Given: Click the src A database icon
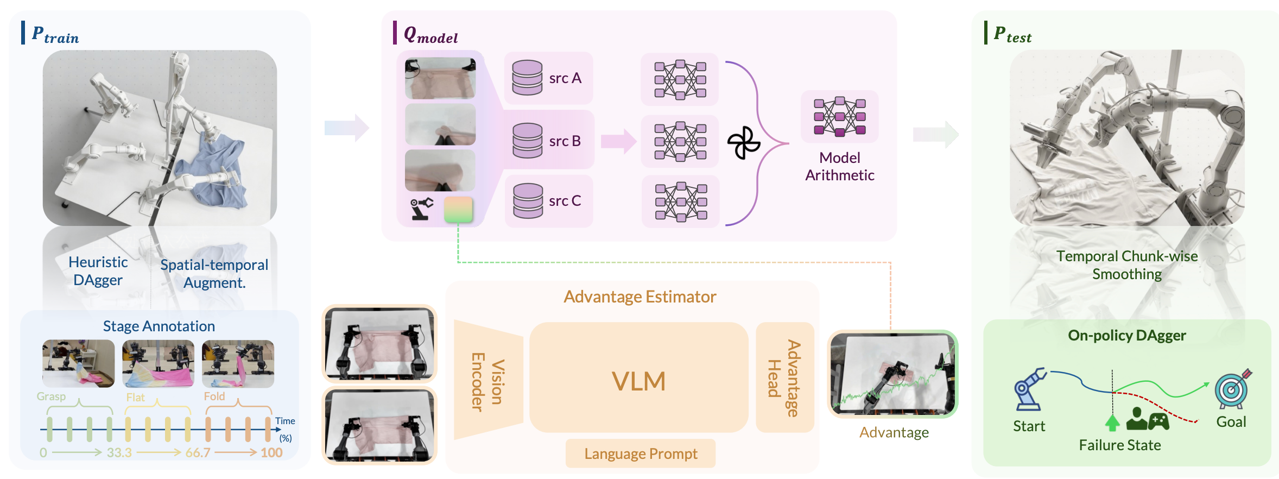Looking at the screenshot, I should (527, 78).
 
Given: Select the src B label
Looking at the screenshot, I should (565, 141).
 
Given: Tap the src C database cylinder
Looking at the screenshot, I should (528, 200).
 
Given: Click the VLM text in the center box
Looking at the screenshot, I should (638, 381).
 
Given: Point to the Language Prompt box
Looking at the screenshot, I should (641, 453).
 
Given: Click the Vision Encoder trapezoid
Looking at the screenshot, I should (487, 380).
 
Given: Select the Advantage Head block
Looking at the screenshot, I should (784, 378).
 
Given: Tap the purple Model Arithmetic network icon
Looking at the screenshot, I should (839, 117).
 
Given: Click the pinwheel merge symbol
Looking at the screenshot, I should (743, 143).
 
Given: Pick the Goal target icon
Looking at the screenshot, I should (1232, 389).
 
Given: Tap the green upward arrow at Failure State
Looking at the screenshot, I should (1112, 423).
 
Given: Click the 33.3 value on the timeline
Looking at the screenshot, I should (119, 452).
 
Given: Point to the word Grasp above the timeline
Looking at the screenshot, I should (51, 396).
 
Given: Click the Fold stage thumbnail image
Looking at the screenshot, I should (238, 363).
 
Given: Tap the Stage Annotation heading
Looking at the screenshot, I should (159, 326).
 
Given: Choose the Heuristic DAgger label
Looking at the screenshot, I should (98, 271).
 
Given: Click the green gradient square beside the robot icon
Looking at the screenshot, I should (458, 209).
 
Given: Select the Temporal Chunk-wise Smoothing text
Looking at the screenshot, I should (1127, 265).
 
